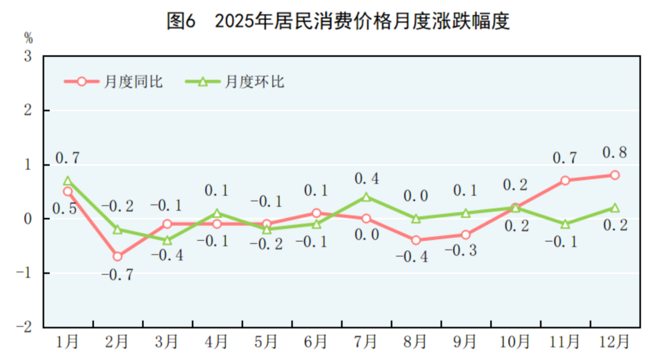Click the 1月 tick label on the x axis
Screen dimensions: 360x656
coord(67,342)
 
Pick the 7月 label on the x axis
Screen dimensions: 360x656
coord(366,342)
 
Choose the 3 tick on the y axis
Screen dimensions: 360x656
coord(29,56)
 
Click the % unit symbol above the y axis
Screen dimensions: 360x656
coord(29,38)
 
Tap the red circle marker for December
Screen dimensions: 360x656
coord(615,175)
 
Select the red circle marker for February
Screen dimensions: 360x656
coord(117,256)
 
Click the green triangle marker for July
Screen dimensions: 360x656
coord(366,197)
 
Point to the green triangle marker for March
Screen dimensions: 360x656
coord(167,240)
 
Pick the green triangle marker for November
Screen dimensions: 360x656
coord(565,224)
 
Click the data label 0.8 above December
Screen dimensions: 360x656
coord(615,152)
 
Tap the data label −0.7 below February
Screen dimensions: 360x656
coord(117,275)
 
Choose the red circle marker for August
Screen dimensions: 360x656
coord(416,240)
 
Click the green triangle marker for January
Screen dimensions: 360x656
coord(67,181)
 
